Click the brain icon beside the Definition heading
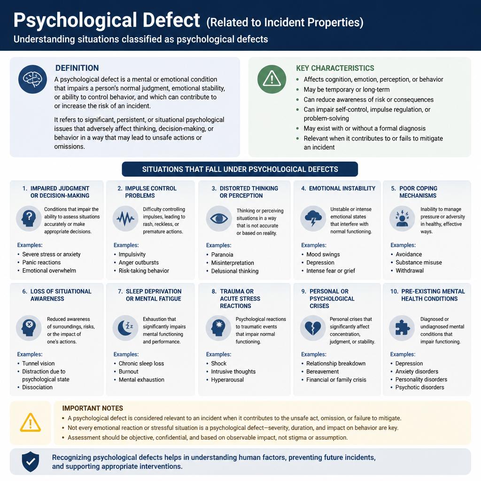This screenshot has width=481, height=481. (32, 79)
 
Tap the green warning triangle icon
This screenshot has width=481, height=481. (272, 79)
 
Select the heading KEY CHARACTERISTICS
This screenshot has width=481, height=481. (335, 68)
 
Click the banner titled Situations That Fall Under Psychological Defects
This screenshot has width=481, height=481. (240, 169)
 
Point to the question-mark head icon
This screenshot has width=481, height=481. (29, 218)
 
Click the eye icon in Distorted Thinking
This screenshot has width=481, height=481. (219, 218)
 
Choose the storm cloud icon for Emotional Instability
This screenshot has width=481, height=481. (313, 218)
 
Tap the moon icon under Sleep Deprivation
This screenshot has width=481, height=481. (125, 328)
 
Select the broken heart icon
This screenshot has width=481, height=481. (313, 328)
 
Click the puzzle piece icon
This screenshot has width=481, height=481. (402, 328)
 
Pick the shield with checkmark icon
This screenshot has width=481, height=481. (31, 462)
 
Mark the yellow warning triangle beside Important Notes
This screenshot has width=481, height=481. (31, 423)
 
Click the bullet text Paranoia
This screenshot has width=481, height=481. (222, 255)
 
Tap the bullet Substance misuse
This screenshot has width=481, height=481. (419, 262)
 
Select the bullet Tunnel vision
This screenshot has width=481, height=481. (39, 364)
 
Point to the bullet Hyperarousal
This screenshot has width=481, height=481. (227, 380)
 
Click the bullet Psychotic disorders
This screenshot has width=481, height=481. (419, 388)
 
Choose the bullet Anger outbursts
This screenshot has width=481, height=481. (139, 263)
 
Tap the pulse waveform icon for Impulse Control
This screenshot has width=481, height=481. (125, 218)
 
